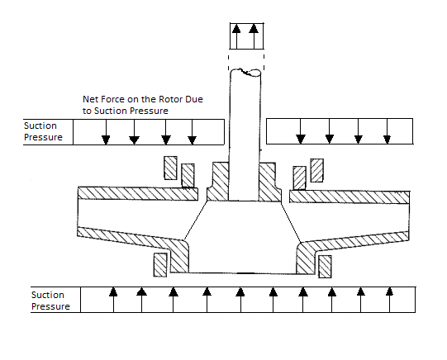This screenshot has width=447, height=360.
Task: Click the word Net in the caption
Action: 88,99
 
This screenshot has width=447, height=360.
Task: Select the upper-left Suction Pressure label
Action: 43,131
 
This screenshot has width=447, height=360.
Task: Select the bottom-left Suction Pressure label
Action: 50,301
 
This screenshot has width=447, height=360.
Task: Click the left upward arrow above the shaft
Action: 236,36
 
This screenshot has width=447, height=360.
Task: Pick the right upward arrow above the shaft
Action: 254,36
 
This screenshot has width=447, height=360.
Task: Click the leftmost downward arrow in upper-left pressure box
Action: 106,132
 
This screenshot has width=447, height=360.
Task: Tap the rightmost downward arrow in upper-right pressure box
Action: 388,131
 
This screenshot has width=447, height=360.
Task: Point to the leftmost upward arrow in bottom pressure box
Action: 113,300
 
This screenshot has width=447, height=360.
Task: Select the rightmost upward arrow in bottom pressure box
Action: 389,300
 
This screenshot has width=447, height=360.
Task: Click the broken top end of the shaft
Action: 245,73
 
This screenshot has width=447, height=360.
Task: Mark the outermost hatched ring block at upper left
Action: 170,168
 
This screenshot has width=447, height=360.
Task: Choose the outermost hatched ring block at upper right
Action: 316,170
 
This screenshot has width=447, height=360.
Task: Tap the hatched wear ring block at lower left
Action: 160,265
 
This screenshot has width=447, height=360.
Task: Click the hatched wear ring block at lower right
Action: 325,267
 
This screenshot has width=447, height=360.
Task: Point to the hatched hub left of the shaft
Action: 218,182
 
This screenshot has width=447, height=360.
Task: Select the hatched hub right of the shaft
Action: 270,182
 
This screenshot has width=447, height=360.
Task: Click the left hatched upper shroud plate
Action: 138,194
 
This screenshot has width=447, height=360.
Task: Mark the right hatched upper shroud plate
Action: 350,197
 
